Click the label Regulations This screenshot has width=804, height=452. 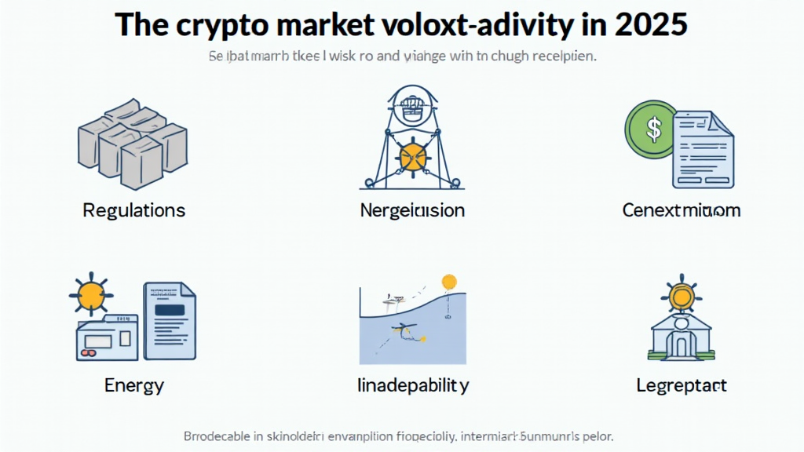(133, 210)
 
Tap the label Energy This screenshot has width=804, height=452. (133, 385)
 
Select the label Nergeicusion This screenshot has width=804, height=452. (412, 210)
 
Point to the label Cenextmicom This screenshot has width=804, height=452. (681, 210)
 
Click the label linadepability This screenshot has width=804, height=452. (412, 385)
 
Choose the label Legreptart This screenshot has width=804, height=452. (681, 385)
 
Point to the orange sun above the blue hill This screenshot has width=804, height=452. (449, 281)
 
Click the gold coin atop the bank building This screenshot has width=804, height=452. (679, 297)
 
